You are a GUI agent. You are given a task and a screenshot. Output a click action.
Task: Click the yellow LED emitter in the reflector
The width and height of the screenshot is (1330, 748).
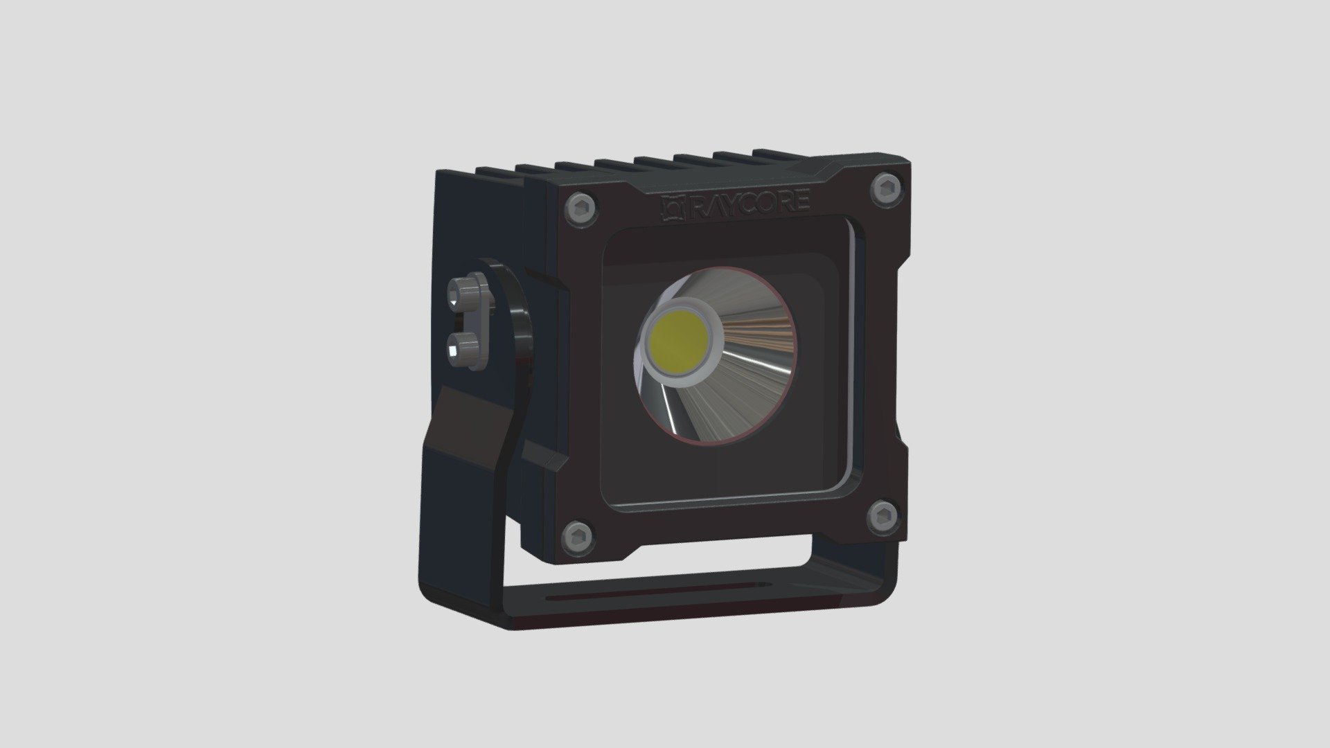coord(680,339)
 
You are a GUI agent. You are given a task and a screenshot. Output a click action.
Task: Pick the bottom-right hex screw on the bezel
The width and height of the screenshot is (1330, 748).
coord(883,517)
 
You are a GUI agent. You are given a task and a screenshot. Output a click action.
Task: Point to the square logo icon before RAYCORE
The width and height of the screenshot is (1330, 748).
coord(673,207)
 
